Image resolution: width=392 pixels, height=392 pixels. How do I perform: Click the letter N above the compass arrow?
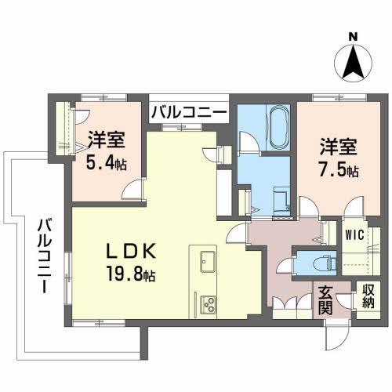353,35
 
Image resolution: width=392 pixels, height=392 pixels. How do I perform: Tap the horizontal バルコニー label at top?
190,112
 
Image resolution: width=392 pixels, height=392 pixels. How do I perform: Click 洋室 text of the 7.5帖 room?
338,146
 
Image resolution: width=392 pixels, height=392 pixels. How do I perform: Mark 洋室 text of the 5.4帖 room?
106,140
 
